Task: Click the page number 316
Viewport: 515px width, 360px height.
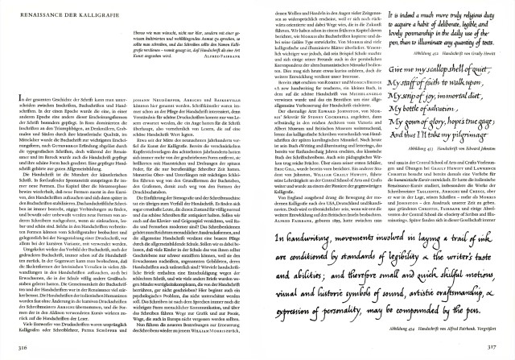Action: point(22,346)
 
